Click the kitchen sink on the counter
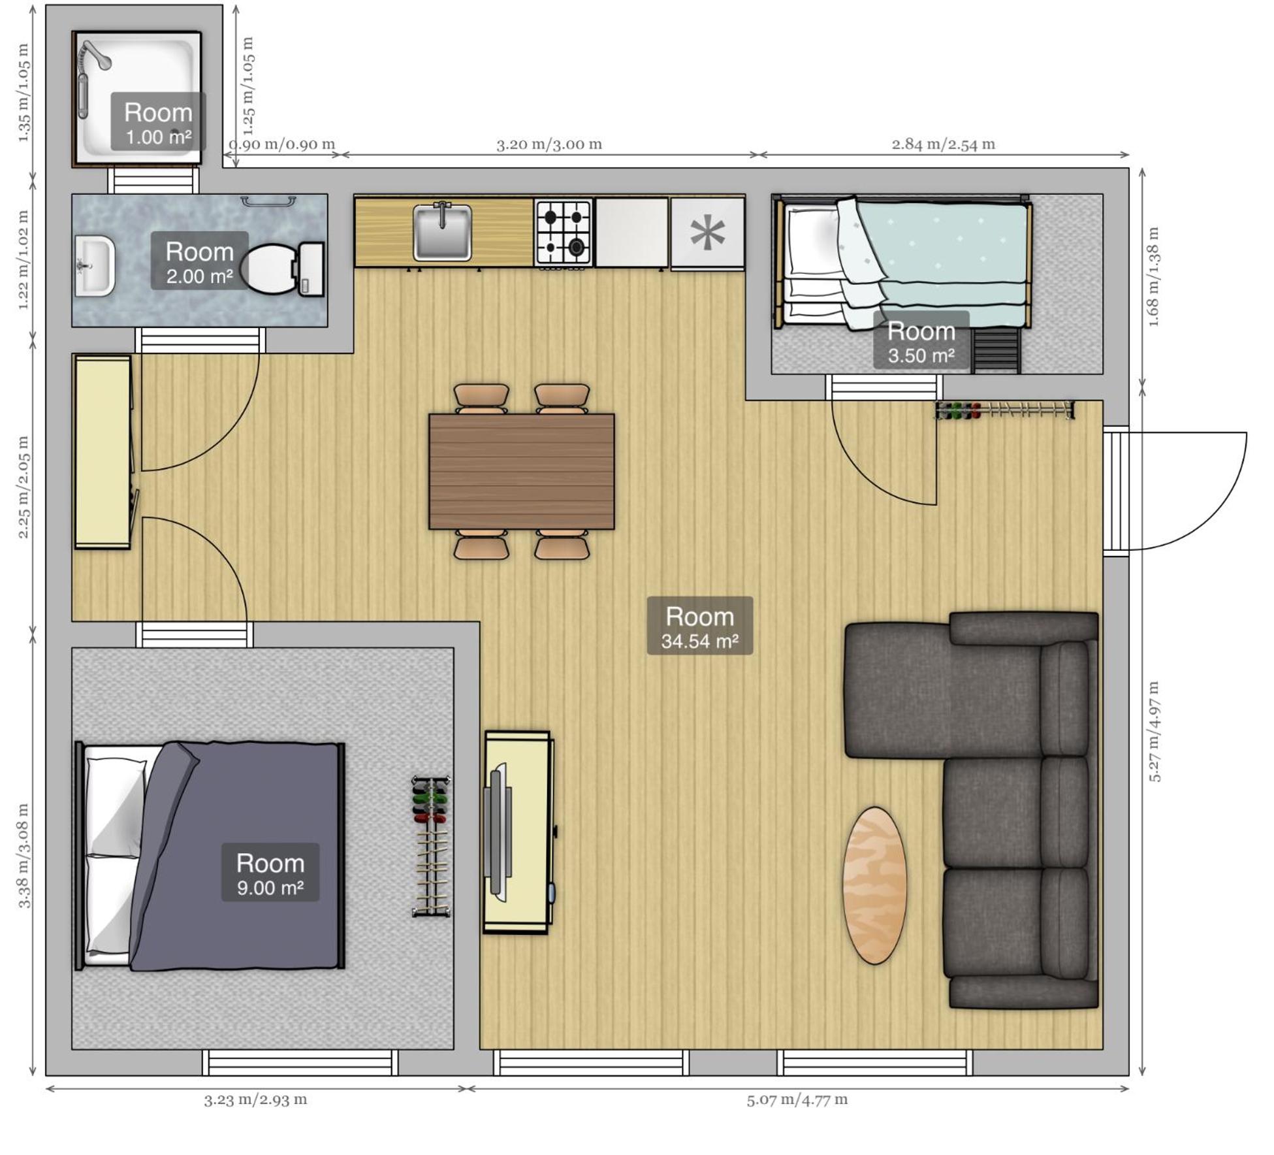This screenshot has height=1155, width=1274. coord(442,231)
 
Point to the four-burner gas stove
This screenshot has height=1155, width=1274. coord(564,233)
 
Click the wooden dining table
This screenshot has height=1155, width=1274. coord(521,471)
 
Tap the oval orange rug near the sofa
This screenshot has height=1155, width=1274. coord(874,885)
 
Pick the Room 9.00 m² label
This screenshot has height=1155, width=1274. coord(270,873)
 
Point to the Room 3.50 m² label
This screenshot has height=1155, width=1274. coord(921,341)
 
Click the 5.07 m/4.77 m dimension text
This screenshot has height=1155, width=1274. coord(797,1099)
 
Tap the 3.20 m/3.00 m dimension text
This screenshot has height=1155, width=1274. coord(549,144)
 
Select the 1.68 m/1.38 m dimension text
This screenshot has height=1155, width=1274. coord(1153,277)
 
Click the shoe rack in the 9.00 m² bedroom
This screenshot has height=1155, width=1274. coord(431,846)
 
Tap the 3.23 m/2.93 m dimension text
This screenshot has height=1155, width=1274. coord(255,1099)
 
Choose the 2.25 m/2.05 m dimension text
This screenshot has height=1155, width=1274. coord(24,487)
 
